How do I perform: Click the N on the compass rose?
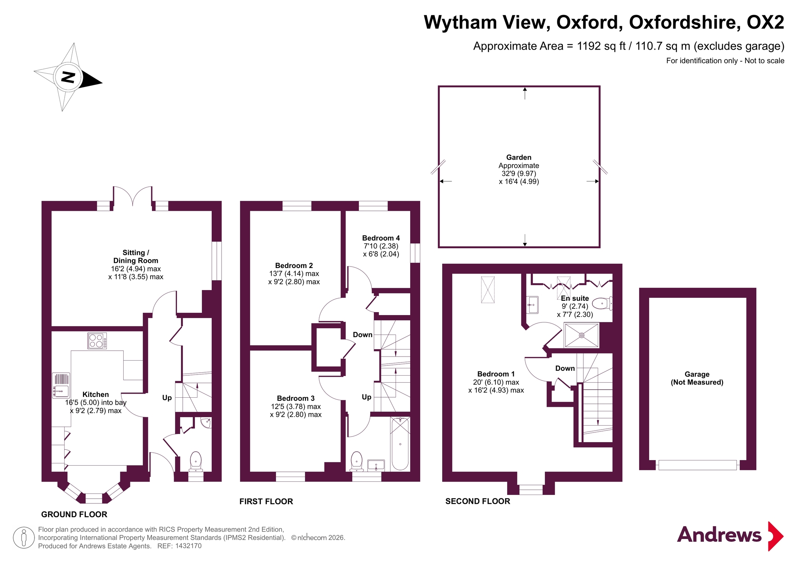68,77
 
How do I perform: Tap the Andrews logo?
730,536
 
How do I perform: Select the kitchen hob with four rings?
97,341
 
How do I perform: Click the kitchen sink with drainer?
61,385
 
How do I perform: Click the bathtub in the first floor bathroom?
400,444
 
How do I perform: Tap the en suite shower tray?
582,335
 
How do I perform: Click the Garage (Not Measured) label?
697,378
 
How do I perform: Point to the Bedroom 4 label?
381,238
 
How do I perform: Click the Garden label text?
519,157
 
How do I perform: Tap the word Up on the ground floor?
167,398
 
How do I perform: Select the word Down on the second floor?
565,368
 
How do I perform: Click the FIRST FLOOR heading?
266,502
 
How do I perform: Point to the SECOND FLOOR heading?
478,502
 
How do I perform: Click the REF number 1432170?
188,546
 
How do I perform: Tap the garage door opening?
698,465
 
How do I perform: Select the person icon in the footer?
24,538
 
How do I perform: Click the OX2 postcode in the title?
765,22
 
